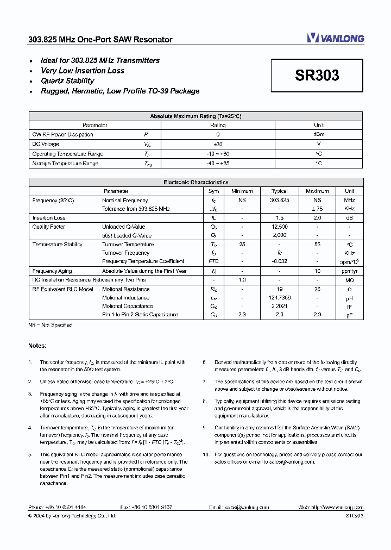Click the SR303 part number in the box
tap(317, 76)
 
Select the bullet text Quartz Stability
tap(67, 81)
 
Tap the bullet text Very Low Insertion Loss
tap(83, 71)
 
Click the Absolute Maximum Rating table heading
tap(195, 116)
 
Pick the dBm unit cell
tap(319, 135)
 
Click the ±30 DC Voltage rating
tap(218, 145)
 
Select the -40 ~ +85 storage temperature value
tap(218, 164)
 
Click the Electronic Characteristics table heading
tap(195, 183)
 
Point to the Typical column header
tap(280, 191)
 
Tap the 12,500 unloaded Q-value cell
tap(280, 227)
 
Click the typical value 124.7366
tap(280, 298)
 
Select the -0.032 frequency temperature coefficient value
tap(280, 261)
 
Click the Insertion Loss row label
tap(49, 218)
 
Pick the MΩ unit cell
tap(349, 280)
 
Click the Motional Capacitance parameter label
tap(127, 306)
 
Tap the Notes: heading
tap(37, 346)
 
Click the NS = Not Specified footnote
tap(51, 325)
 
